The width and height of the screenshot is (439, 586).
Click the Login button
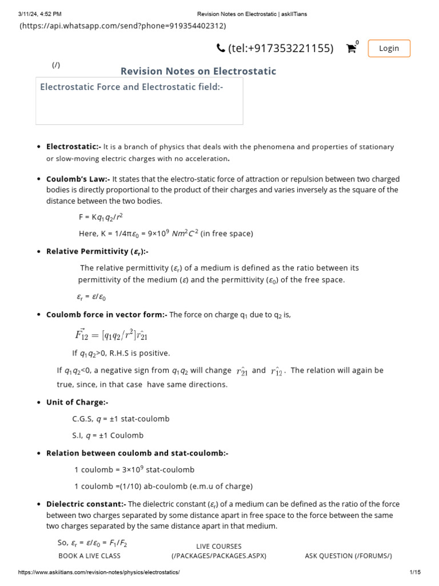click(389, 49)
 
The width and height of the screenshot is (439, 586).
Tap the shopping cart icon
click(352, 49)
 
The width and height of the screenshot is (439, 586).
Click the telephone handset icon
click(221, 49)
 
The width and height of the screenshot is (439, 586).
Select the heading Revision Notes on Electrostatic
click(198, 71)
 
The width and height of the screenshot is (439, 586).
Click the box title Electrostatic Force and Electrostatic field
click(131, 87)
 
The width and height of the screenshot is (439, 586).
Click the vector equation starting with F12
click(111, 334)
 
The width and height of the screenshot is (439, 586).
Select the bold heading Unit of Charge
click(77, 402)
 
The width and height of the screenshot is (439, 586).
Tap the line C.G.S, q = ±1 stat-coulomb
click(121, 419)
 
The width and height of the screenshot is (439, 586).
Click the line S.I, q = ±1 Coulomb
click(107, 435)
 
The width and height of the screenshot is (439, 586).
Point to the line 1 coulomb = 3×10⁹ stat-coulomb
click(134, 470)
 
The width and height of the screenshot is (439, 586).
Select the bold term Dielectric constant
click(86, 504)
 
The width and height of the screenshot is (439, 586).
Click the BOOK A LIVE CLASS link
click(89, 556)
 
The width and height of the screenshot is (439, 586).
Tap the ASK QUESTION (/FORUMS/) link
click(349, 556)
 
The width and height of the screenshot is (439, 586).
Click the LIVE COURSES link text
click(219, 547)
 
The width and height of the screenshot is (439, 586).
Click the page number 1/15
click(415, 573)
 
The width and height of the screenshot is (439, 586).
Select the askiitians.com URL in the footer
click(99, 573)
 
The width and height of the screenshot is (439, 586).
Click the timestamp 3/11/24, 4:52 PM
click(39, 14)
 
